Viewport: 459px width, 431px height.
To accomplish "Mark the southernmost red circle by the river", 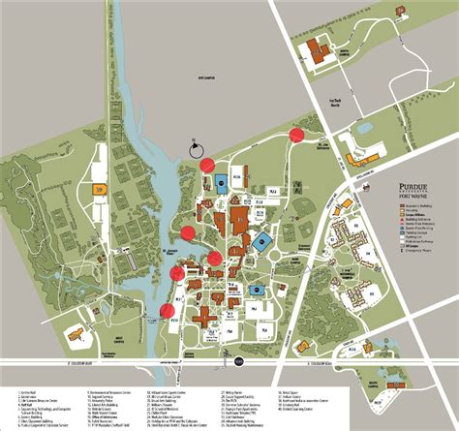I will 167,311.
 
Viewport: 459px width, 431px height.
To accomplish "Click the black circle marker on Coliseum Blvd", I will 238,361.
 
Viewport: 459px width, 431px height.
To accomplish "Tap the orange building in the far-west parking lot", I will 99,190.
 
